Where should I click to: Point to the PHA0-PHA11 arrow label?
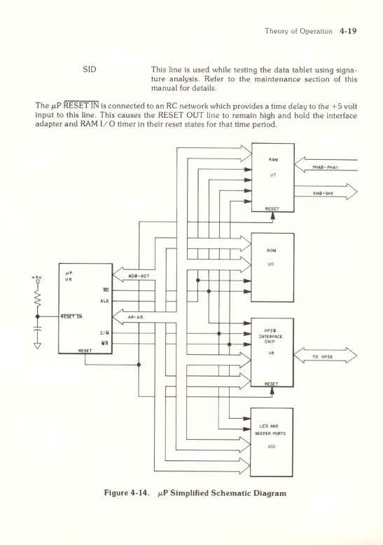[327, 167]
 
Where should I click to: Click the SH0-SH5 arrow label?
[327, 193]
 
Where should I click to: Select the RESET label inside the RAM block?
[272, 208]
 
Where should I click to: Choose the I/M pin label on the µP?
[104, 333]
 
